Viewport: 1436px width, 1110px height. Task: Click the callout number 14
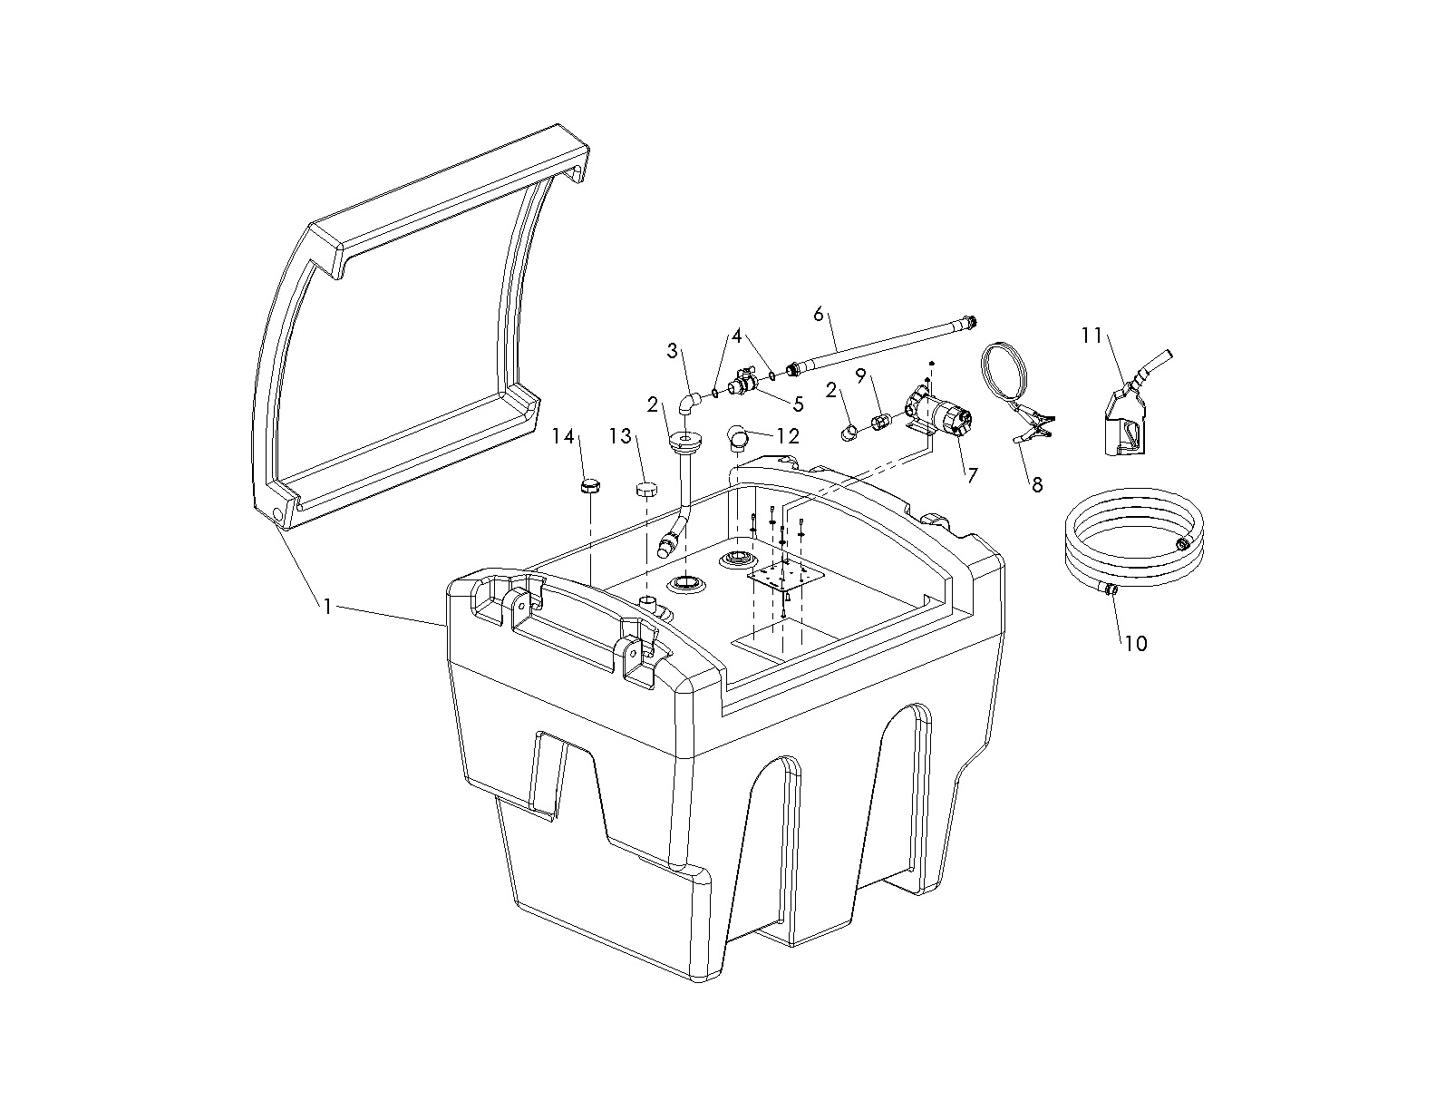tap(564, 436)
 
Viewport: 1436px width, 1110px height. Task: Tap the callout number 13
tap(620, 436)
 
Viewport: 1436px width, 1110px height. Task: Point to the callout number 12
tap(788, 436)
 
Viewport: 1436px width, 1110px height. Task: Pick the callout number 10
tap(1135, 643)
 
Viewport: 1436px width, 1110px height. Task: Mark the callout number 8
tap(1037, 484)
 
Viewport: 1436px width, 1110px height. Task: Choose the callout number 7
tap(972, 474)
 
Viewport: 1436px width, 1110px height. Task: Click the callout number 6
tap(819, 314)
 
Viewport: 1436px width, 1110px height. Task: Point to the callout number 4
tap(737, 336)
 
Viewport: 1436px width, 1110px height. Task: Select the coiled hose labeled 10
tap(1133, 535)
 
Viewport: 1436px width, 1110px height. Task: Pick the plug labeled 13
tap(646, 491)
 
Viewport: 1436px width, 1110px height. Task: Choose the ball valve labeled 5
tap(743, 386)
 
